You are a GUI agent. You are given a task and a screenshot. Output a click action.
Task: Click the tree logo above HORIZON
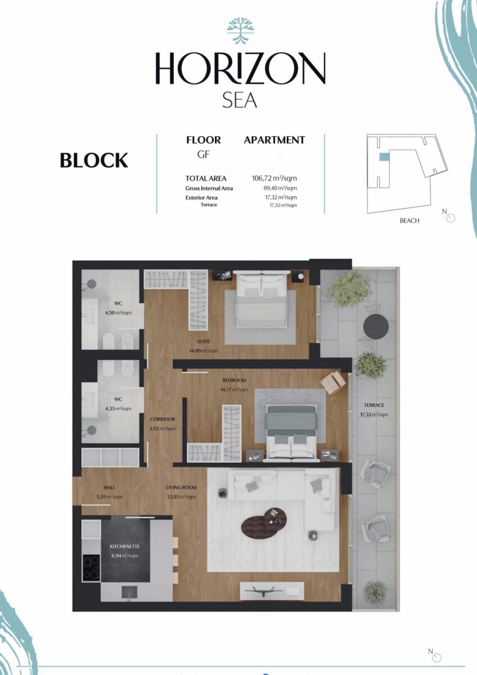[x=240, y=31]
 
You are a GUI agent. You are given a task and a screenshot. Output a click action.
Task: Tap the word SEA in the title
[x=240, y=101]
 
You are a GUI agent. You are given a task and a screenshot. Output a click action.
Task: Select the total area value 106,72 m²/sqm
[x=274, y=178]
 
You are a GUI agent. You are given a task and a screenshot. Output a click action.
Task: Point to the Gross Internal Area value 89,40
[x=280, y=188]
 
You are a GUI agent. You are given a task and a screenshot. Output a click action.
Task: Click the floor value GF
[x=204, y=155]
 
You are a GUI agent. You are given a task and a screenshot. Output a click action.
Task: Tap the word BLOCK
[x=94, y=160]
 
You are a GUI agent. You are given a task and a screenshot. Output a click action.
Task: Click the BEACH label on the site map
[x=409, y=220]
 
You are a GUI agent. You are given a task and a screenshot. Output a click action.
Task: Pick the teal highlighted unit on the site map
[x=384, y=156]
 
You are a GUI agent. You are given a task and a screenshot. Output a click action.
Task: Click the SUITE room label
[x=204, y=341]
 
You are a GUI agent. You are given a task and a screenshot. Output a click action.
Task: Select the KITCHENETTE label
[x=124, y=546]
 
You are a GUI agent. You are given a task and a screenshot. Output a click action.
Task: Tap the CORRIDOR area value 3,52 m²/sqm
[x=163, y=429]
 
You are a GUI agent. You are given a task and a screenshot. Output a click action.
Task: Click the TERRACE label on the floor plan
[x=374, y=405]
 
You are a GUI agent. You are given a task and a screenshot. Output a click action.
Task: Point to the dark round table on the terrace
[x=376, y=326]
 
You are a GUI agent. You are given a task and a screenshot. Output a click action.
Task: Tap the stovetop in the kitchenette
[x=91, y=568]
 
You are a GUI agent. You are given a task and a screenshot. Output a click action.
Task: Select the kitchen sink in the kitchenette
[x=129, y=592]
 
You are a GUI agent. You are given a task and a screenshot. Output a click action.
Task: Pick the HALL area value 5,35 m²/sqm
[x=109, y=497]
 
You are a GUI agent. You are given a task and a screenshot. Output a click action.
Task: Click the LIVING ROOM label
[x=181, y=487]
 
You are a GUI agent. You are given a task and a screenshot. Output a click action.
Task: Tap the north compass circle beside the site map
[x=451, y=218]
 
